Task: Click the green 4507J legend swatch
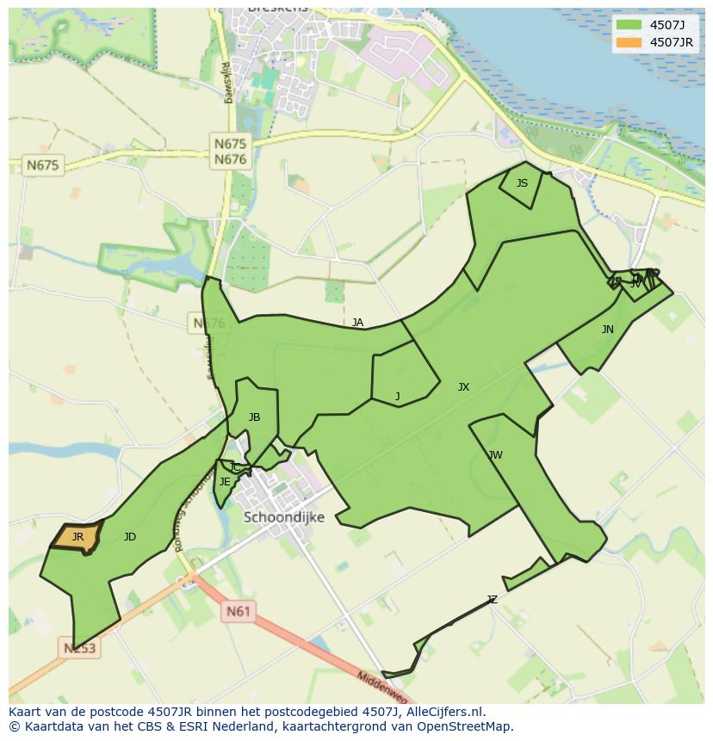click(629, 25)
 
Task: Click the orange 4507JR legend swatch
click(629, 42)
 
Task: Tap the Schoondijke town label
click(284, 517)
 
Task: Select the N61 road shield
click(239, 612)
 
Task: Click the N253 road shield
click(79, 647)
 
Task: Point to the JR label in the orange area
click(77, 537)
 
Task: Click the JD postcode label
click(129, 537)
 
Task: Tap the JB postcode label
click(254, 417)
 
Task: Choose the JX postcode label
click(463, 387)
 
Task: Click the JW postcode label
click(495, 455)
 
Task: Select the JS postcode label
click(522, 183)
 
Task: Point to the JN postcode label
click(608, 330)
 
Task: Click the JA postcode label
click(357, 323)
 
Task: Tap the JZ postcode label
click(492, 600)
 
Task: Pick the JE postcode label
click(225, 482)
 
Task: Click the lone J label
click(397, 397)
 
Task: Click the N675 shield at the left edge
click(43, 165)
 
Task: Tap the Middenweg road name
click(382, 689)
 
